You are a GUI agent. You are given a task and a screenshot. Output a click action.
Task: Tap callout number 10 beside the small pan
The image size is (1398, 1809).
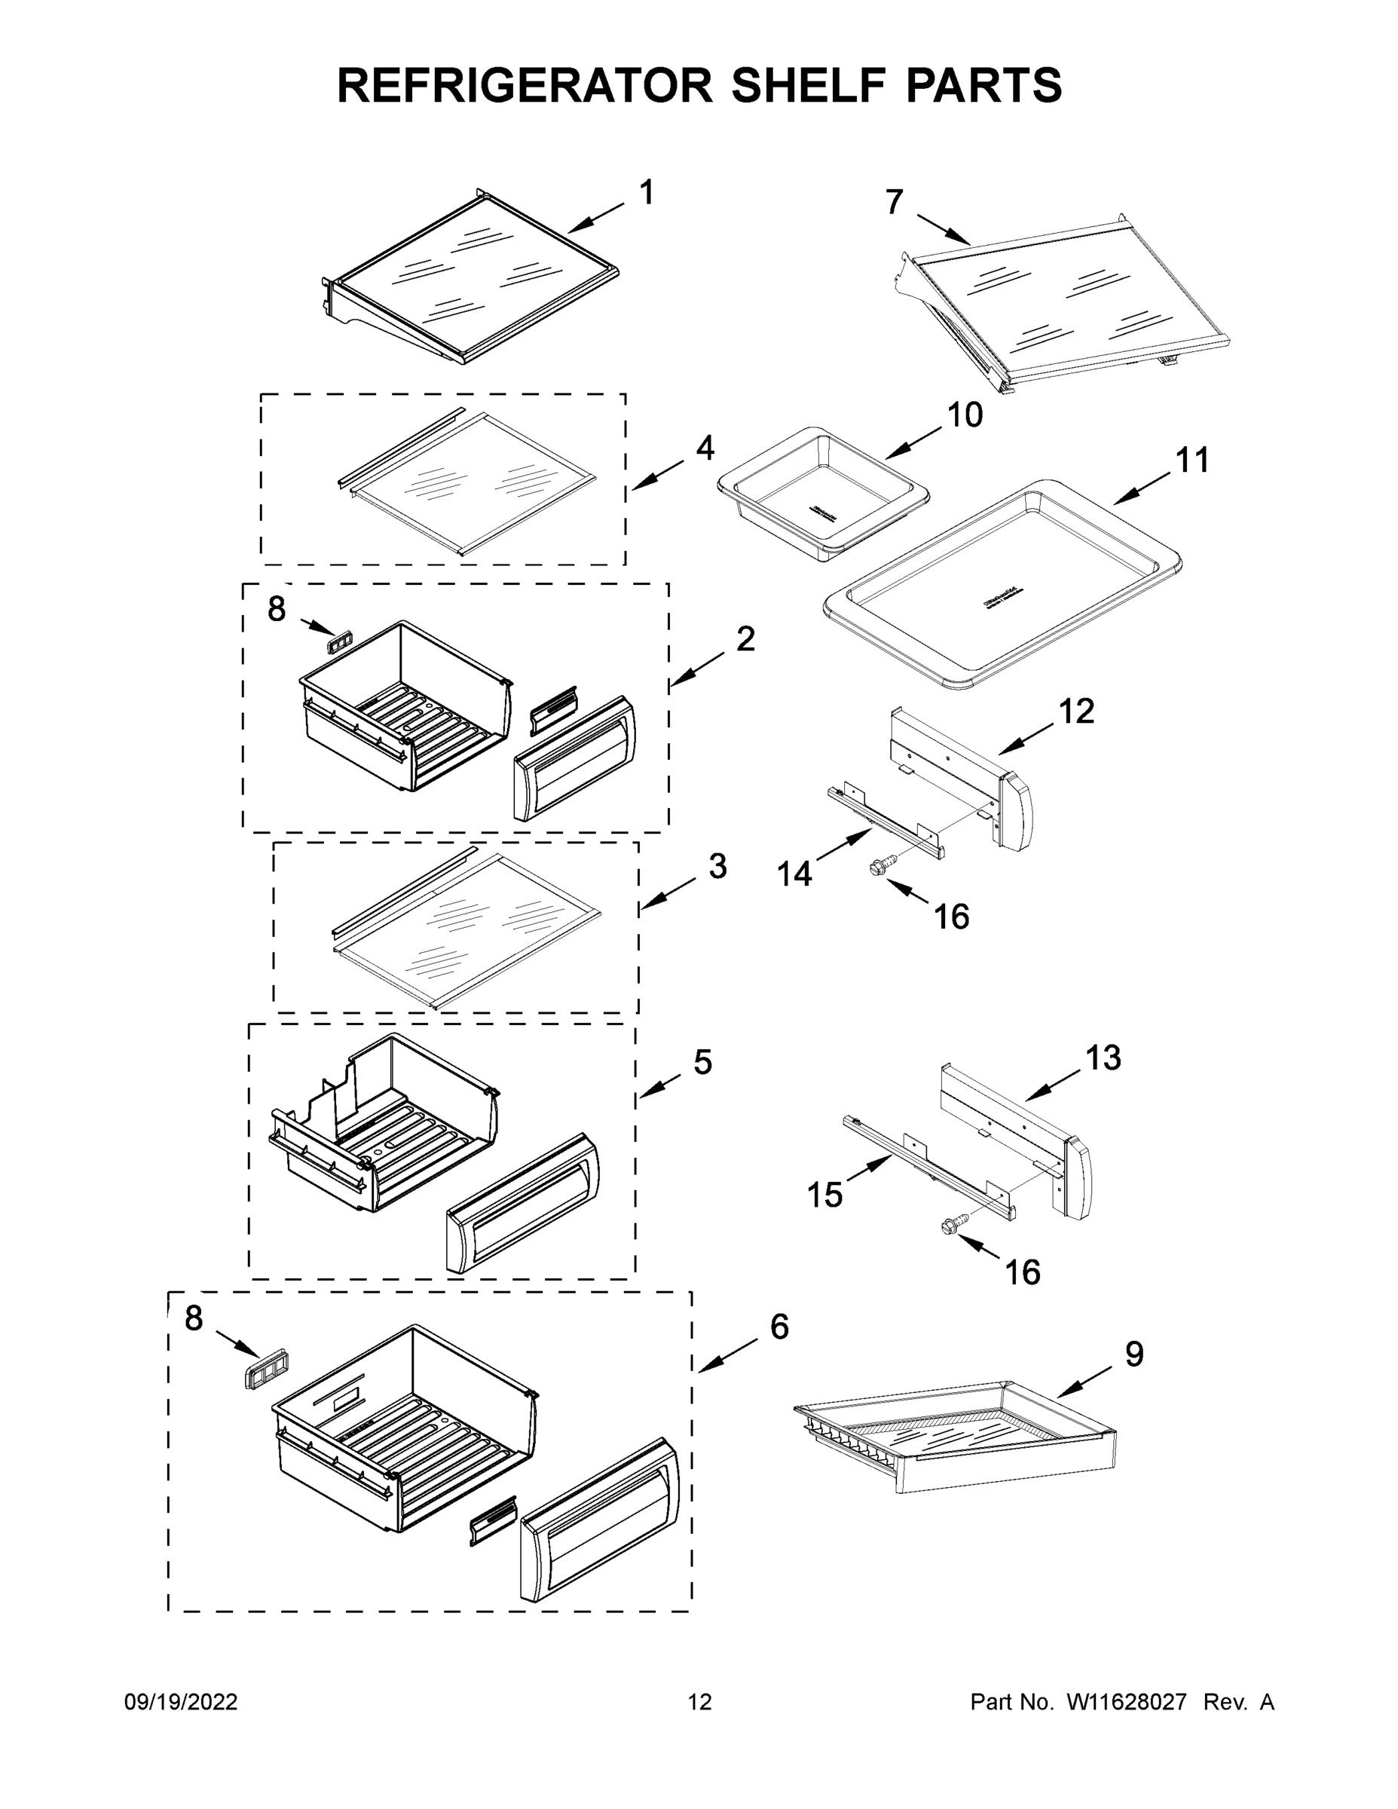click(x=965, y=415)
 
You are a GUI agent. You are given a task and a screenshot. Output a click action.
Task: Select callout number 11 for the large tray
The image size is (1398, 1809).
click(x=1192, y=460)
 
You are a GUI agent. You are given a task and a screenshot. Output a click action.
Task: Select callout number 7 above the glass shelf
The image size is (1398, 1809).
click(x=894, y=202)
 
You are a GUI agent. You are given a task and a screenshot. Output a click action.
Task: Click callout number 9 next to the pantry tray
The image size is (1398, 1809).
click(x=1133, y=1353)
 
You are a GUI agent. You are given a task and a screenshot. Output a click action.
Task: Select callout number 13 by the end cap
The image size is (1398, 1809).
click(x=1103, y=1058)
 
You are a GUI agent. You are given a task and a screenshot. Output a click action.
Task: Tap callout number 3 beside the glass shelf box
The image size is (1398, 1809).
click(x=717, y=866)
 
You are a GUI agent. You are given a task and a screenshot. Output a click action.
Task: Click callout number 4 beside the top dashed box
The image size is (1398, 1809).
click(x=705, y=448)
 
